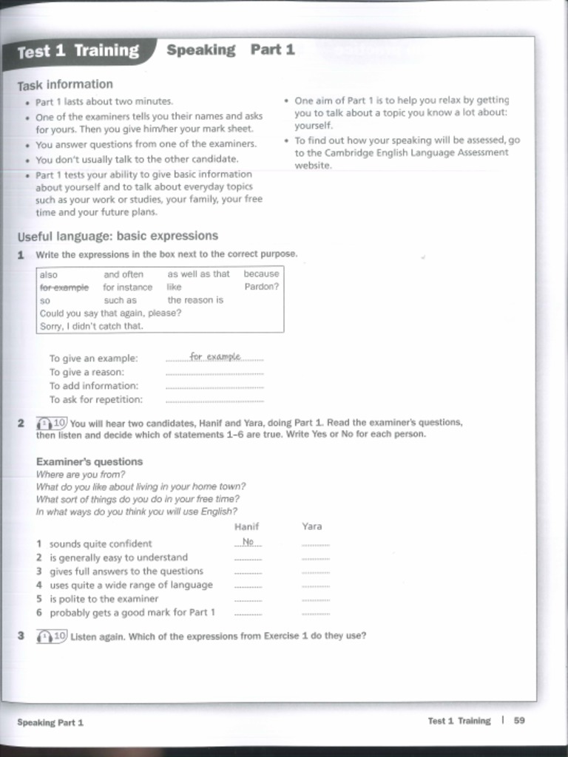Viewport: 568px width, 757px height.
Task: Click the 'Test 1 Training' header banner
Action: click(x=78, y=51)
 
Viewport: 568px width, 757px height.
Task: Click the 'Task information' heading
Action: click(x=65, y=84)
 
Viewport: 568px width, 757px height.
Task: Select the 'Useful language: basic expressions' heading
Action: click(x=118, y=236)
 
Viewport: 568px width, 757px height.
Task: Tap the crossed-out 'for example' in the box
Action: click(x=64, y=288)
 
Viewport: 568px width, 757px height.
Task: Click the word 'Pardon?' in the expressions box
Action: click(x=261, y=287)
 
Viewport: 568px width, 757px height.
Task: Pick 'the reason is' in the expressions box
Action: click(x=195, y=300)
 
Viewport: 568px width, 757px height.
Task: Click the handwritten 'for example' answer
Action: click(x=215, y=356)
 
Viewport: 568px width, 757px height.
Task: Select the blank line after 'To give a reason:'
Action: click(x=214, y=374)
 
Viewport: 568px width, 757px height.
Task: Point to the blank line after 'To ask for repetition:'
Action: click(x=214, y=401)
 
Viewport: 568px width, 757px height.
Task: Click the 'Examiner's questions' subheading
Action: click(x=89, y=461)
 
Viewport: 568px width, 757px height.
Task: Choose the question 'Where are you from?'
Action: click(x=81, y=475)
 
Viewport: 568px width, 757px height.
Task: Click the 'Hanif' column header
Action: click(x=246, y=526)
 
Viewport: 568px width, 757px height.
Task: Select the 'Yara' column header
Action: click(x=312, y=526)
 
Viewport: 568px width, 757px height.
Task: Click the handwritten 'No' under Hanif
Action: click(x=248, y=542)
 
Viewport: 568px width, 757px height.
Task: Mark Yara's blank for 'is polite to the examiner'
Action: click(x=316, y=600)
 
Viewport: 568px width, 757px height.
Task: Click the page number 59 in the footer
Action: click(x=519, y=721)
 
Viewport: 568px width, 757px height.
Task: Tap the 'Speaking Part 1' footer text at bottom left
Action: click(x=50, y=722)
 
